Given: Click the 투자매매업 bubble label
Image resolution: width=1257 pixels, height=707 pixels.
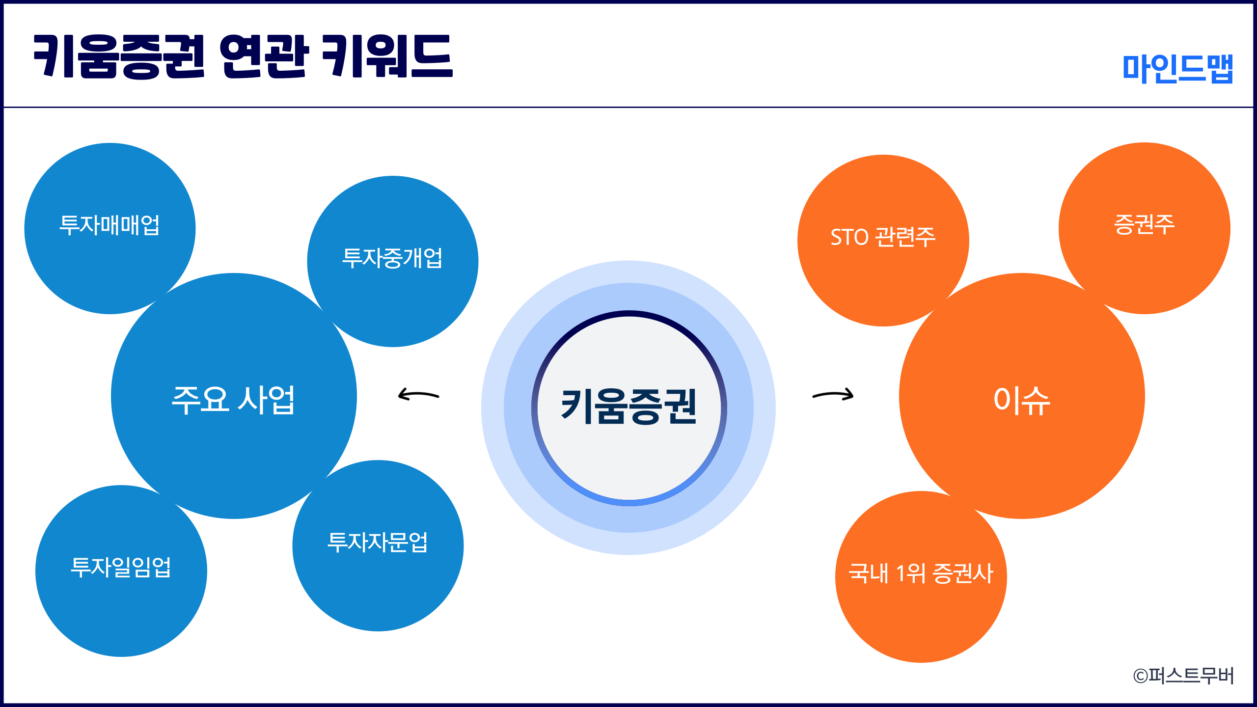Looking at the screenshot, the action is (109, 225).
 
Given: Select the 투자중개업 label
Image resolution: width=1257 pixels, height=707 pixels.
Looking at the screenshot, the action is (392, 258).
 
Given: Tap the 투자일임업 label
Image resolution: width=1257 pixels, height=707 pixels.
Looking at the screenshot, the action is (121, 567).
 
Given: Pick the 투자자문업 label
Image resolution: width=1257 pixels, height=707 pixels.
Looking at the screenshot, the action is (378, 543).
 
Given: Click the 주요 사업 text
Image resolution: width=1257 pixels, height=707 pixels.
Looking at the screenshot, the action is (233, 400).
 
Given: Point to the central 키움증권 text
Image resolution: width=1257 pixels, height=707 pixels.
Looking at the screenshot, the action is (628, 407).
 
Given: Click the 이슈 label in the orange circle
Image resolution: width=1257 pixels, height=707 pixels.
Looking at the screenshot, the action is (1022, 400).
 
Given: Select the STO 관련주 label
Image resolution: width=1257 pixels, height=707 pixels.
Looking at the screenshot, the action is (883, 237).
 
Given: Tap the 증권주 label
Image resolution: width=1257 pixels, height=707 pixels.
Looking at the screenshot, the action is (1144, 224).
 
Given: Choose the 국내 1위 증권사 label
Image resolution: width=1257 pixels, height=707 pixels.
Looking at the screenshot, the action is (921, 573).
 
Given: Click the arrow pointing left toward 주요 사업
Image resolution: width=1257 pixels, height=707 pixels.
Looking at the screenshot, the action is (418, 394).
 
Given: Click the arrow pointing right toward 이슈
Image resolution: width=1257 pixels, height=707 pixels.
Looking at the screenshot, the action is (833, 394).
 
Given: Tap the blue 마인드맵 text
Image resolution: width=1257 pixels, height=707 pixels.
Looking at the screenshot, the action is (1178, 69).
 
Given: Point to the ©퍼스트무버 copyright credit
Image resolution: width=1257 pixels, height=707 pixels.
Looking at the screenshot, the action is (1183, 676).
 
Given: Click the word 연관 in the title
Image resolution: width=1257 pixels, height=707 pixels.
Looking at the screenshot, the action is (264, 56).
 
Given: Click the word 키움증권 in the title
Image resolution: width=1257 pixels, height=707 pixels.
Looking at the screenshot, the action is (119, 56).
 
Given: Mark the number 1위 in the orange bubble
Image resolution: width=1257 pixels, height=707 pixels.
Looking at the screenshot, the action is (911, 573).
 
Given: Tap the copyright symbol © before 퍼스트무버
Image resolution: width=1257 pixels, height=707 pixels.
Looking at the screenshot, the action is (1140, 677).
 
